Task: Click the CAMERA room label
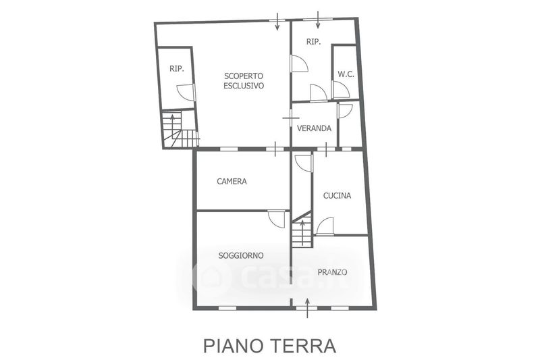coord(232,181)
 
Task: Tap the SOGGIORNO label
coord(241,255)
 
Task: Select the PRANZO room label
coord(332,272)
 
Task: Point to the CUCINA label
coord(337,196)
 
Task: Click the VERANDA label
coord(314,128)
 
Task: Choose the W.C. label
coord(346,74)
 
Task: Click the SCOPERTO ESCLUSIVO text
coord(244,81)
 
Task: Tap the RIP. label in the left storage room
coord(177,68)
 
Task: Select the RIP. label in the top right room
coord(313,42)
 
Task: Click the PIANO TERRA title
coord(269,346)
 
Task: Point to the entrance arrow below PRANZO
coord(308,309)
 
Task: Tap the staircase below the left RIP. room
coord(179,130)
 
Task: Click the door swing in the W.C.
coord(341,90)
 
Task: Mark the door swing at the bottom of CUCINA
coord(325,226)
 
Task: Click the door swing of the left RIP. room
coord(186,93)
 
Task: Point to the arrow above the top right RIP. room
coord(317,18)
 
